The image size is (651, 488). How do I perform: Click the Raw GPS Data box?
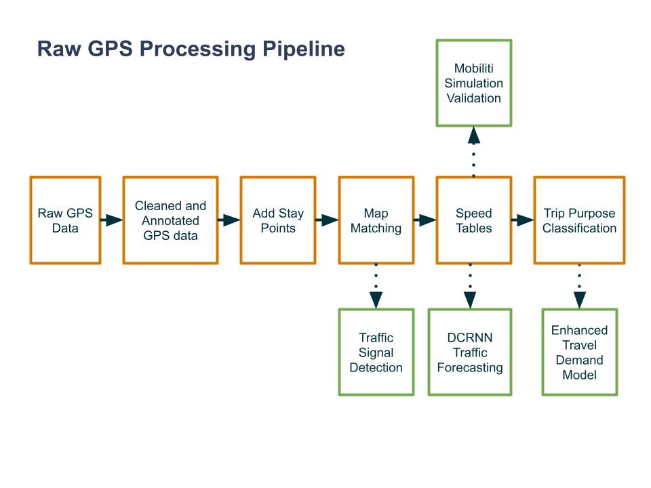coord(65,220)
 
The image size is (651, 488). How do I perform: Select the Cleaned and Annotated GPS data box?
coord(170,220)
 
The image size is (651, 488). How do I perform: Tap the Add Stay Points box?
coord(278,220)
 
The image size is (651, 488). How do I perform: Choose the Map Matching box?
coord(376,220)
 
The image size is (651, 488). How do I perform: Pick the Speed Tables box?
coord(474,220)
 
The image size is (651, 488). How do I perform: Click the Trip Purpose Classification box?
coord(579,220)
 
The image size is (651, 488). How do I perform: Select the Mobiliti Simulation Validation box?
coord(474,83)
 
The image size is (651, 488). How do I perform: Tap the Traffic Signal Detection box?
coord(376,352)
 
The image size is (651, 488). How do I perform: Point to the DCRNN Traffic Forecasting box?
coord(470,352)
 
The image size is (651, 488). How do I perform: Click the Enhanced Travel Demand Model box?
coord(580,352)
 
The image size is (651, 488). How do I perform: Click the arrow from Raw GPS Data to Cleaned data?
coord(112,220)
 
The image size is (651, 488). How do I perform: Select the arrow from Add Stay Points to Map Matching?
coord(327,220)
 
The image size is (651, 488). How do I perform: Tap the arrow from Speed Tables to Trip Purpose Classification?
coord(522,220)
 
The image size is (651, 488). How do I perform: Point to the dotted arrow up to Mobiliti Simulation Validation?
coord(474,152)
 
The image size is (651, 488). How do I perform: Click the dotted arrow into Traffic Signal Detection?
coord(376,286)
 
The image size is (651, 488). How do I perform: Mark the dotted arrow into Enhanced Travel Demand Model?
coord(580,286)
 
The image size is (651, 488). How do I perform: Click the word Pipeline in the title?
coord(304,49)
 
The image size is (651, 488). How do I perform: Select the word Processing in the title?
coord(197,49)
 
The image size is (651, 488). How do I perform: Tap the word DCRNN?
coord(470,338)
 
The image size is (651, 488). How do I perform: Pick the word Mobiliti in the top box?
coord(474,68)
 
